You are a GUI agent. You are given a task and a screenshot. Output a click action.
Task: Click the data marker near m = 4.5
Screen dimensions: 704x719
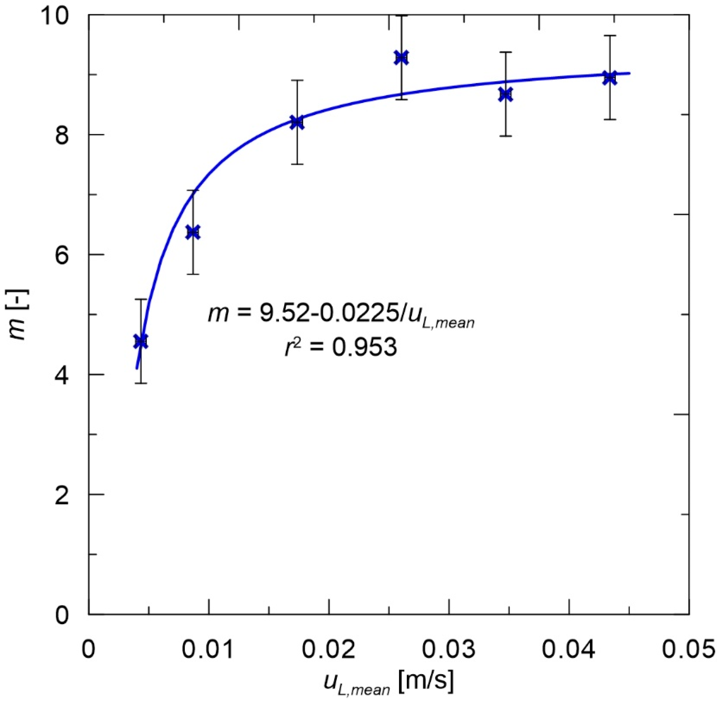(x=141, y=341)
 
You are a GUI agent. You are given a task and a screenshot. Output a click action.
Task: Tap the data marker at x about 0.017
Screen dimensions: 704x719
(x=297, y=122)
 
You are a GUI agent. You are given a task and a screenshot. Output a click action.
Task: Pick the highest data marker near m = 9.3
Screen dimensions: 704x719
(x=401, y=58)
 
